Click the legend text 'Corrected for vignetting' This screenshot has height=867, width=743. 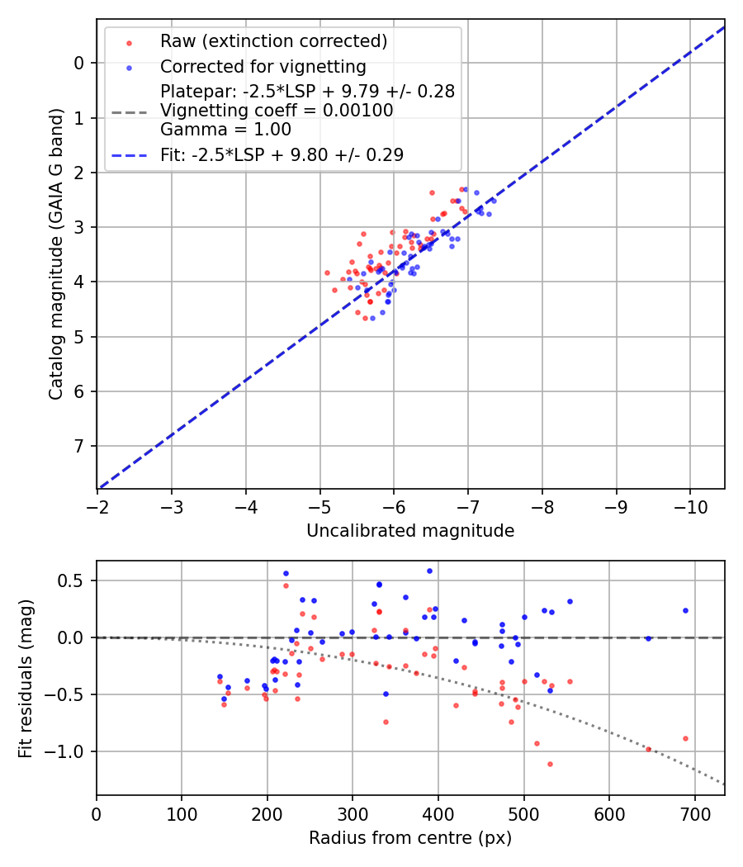click(263, 66)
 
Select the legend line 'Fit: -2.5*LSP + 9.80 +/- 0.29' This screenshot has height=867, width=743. click(282, 154)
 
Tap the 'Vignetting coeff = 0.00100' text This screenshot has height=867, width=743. click(277, 110)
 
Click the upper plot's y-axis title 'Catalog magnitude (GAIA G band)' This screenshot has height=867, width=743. click(55, 254)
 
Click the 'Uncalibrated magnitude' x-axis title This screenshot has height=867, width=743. click(410, 531)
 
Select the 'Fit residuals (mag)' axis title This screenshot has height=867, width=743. click(26, 679)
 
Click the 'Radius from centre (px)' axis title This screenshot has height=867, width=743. click(410, 838)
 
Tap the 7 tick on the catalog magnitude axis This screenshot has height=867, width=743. click(78, 446)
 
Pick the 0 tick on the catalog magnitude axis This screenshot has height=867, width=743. click(78, 63)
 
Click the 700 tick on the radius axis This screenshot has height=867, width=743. click(694, 813)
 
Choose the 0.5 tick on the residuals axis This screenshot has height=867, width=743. click(74, 580)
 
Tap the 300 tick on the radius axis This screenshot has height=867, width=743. click(353, 813)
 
